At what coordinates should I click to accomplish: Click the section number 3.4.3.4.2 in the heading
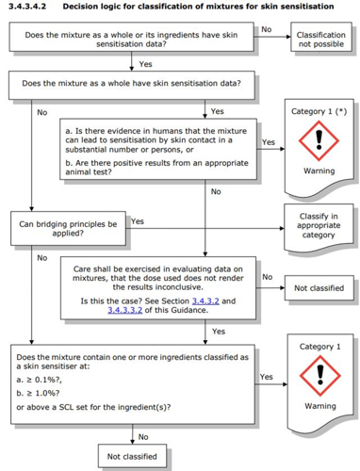(27, 7)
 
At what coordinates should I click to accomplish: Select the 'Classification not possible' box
(321, 37)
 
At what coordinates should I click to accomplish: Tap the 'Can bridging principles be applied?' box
(68, 228)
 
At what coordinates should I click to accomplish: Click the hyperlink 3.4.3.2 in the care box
(205, 300)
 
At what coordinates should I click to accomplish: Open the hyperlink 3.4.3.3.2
(125, 310)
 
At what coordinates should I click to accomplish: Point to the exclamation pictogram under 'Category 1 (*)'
(319, 140)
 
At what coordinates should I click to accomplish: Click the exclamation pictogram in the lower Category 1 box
(320, 376)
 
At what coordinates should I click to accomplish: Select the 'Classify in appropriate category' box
(319, 228)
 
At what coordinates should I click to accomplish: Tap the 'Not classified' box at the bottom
(132, 456)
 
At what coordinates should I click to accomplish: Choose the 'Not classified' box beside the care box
(319, 288)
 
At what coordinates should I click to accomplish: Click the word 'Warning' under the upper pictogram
(319, 171)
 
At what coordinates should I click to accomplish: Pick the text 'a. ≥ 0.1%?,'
(40, 380)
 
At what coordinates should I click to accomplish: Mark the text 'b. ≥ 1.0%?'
(38, 393)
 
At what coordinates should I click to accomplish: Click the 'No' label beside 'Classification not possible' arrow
(267, 29)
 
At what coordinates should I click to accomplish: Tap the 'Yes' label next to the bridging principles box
(138, 221)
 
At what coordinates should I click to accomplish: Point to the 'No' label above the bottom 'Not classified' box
(143, 437)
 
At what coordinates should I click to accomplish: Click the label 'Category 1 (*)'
(319, 111)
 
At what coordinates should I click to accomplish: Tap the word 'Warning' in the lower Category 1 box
(320, 406)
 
